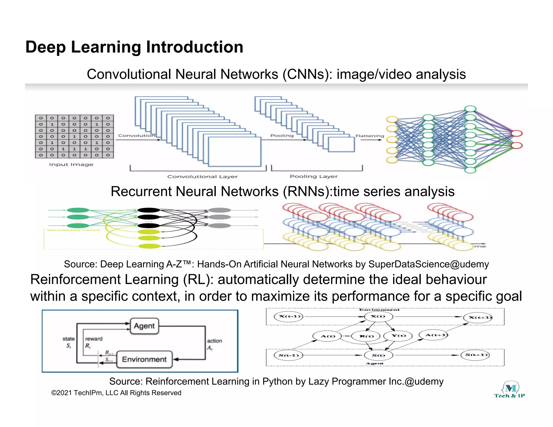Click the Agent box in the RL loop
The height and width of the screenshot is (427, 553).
(144, 326)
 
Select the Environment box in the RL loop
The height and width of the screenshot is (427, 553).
(144, 360)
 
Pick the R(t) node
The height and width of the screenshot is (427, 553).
(366, 336)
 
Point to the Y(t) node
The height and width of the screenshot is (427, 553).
(399, 336)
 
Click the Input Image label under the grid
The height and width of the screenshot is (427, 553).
(71, 164)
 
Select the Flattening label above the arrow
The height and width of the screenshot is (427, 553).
(370, 136)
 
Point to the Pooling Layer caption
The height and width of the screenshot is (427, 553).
(314, 176)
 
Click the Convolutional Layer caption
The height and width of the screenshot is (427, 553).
(203, 177)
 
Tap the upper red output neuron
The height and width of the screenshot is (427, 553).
(516, 133)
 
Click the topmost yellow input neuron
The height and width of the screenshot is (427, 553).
(392, 120)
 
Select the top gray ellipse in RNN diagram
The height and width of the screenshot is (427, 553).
(220, 210)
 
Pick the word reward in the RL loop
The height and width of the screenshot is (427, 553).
(94, 339)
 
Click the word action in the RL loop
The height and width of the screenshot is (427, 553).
(214, 341)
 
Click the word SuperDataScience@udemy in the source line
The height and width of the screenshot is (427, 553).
(429, 264)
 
